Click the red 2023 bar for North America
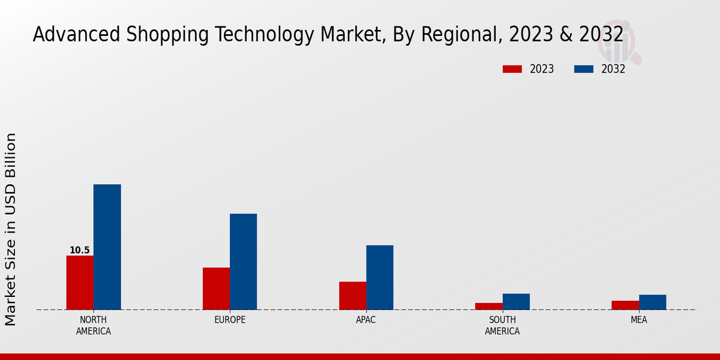click(80, 283)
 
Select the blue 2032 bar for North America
click(107, 247)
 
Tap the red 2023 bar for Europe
click(216, 289)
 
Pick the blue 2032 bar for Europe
click(243, 262)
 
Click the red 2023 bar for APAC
click(352, 296)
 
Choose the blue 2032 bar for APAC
click(380, 277)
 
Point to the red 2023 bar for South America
click(488, 306)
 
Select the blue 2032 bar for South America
click(516, 301)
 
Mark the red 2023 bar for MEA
click(625, 305)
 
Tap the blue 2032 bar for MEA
click(652, 302)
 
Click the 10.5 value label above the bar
click(79, 250)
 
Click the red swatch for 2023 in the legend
click(512, 69)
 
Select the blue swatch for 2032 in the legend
click(583, 69)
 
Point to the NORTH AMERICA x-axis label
click(94, 325)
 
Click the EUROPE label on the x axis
click(230, 320)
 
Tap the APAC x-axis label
click(366, 320)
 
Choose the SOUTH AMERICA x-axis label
click(502, 325)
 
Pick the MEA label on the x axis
click(638, 320)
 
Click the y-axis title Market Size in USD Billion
click(11, 229)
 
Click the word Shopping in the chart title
click(160, 35)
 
